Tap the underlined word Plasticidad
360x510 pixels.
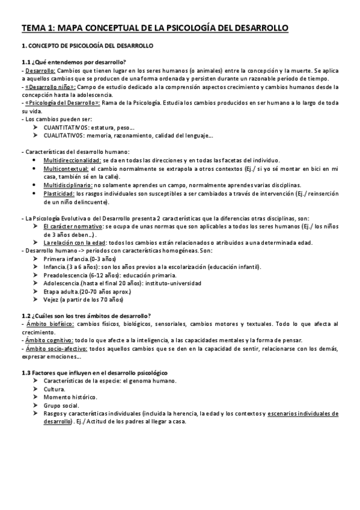[x=59, y=193]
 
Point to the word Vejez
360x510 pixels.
[x=52, y=299]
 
